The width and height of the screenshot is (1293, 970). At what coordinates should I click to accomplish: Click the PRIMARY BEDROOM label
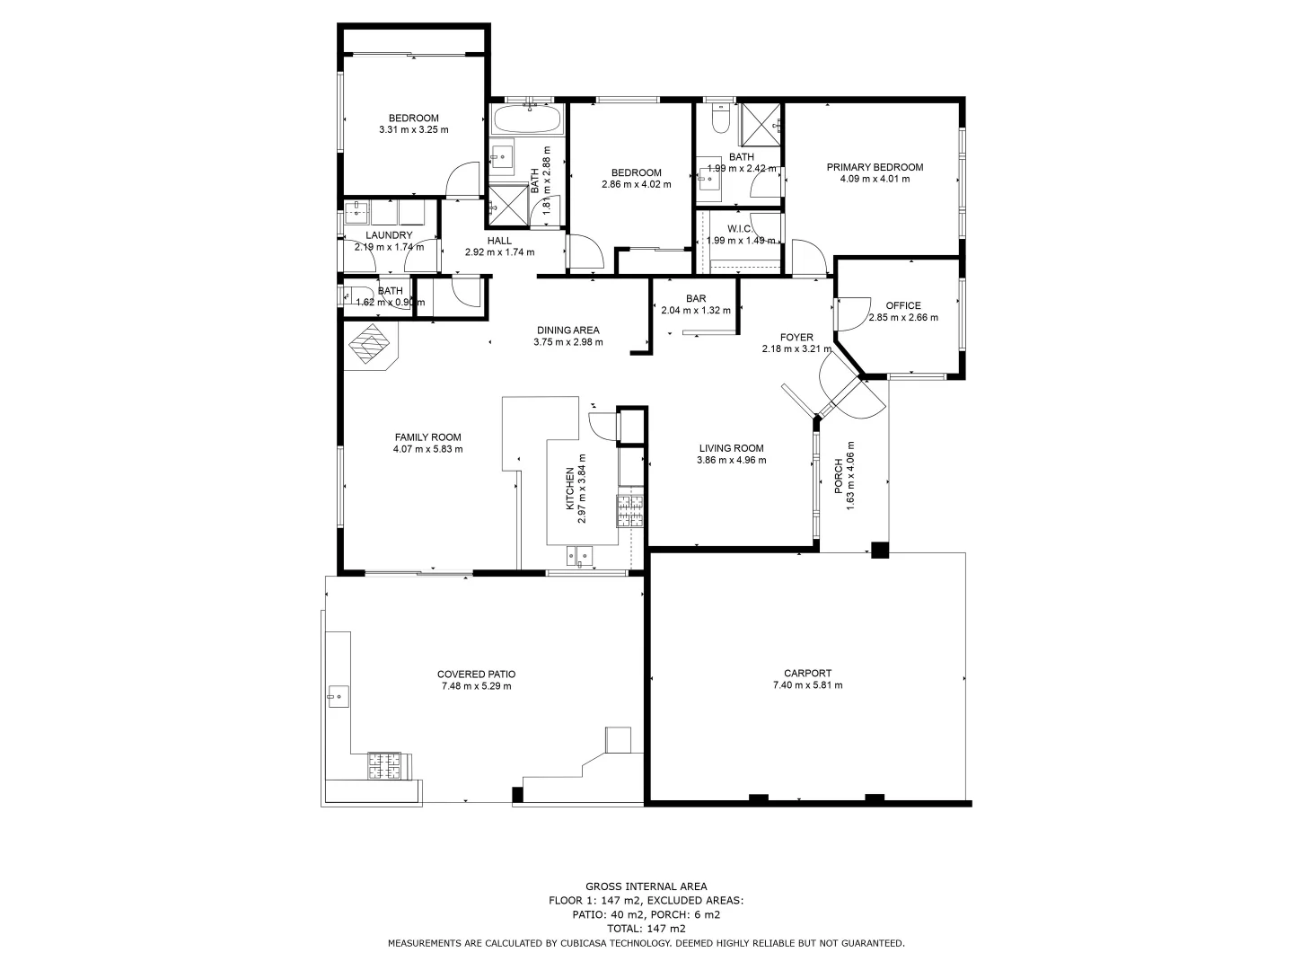coord(875,167)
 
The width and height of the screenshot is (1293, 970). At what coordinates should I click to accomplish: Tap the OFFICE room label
coord(902,305)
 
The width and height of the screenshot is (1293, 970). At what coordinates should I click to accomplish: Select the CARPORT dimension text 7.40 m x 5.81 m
coord(807,685)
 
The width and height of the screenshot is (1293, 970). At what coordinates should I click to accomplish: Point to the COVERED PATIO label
coord(476,675)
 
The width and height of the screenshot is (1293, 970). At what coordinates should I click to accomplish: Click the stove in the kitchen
coord(630,510)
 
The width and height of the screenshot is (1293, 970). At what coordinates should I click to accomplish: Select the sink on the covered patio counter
coord(339,695)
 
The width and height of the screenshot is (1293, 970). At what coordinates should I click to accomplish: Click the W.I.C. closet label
coord(740,229)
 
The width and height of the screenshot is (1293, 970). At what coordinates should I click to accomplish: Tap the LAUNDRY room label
coord(389,235)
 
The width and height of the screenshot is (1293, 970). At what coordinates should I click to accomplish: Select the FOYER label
coord(796,338)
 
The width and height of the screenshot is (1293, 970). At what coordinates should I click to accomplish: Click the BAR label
coord(696,299)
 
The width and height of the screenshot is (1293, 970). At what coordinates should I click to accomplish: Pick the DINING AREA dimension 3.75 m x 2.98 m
coord(567,341)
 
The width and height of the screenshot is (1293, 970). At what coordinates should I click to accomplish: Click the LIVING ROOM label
coord(731,448)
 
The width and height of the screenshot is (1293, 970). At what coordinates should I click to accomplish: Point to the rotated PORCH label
coord(839,476)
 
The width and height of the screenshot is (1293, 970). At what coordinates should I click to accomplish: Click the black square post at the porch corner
coord(880,551)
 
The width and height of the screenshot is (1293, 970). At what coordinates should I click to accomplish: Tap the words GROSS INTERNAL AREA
coord(646,886)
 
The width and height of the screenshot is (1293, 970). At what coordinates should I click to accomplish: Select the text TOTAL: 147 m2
coord(646,929)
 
